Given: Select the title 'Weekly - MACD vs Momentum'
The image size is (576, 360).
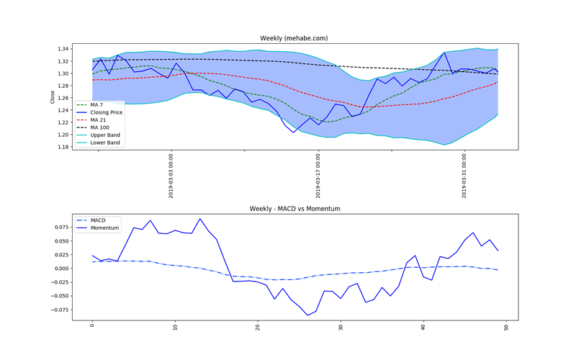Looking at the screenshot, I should point(294,208).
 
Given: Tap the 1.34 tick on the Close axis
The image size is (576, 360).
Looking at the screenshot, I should point(63,49).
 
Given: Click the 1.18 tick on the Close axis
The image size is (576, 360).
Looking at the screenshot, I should point(63,147).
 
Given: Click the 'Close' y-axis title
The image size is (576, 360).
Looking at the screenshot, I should point(53,96).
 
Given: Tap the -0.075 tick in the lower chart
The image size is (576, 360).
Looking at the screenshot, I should point(60,310).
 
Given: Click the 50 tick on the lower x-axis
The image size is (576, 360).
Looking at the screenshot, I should point(507,328).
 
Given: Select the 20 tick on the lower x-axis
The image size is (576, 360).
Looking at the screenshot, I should point(258,328).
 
